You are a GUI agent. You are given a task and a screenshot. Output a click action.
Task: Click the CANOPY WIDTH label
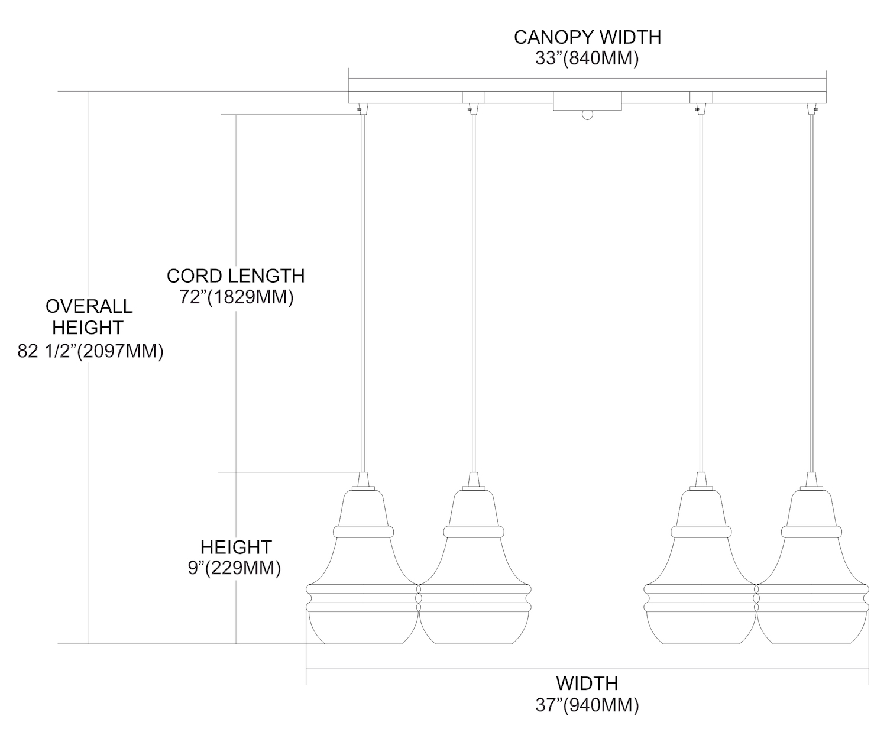[587, 37]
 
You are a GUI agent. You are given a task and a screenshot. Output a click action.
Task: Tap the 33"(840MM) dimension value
[587, 59]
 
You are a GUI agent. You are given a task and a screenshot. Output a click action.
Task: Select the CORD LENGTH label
[235, 276]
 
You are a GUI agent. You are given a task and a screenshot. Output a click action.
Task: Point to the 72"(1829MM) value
[237, 297]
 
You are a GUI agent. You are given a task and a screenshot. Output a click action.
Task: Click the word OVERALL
[89, 306]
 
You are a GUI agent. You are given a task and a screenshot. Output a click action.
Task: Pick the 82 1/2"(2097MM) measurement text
[90, 352]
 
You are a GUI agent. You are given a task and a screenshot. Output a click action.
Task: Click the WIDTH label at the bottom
[587, 684]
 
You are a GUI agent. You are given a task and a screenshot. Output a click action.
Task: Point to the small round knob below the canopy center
[587, 115]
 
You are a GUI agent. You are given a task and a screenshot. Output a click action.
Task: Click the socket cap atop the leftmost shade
[363, 480]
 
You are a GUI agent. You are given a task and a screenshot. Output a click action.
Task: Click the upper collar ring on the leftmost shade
[363, 531]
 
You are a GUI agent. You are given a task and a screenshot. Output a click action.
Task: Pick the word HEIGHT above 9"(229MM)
[236, 547]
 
